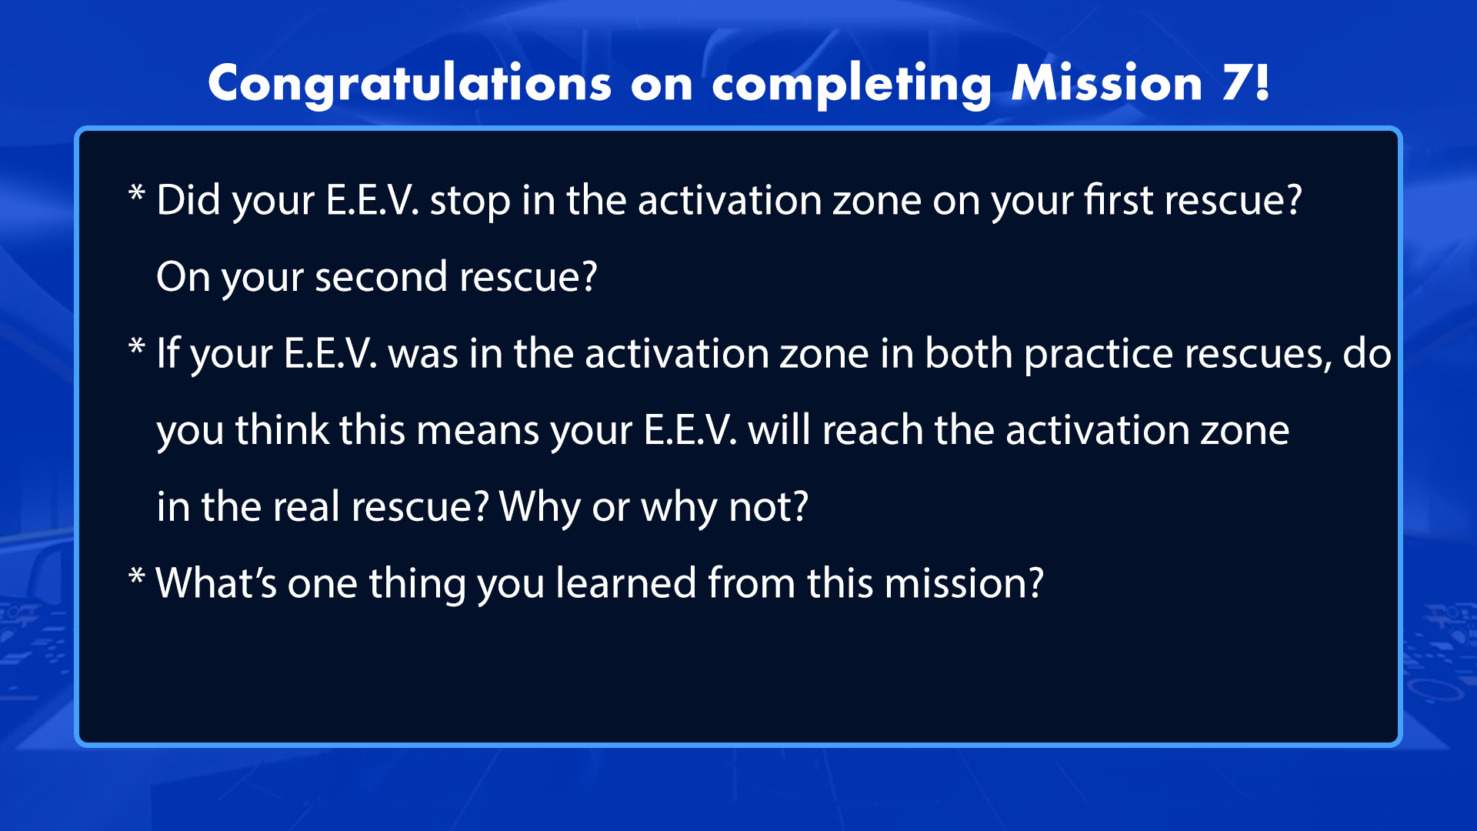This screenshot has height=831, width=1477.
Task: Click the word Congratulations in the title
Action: pos(410,83)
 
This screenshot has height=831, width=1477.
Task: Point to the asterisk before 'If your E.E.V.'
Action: pos(137,346)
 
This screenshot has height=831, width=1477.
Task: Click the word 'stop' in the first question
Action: pos(470,202)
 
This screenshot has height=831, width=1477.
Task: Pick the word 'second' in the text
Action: pos(381,276)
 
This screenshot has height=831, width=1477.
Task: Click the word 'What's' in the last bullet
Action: pos(216,582)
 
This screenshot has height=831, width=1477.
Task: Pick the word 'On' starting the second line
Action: pos(183,277)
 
